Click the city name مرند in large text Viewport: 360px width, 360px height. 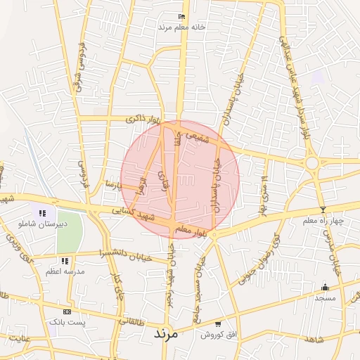pyautogui.click(x=167, y=335)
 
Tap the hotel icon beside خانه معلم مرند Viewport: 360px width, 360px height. pyautogui.click(x=183, y=17)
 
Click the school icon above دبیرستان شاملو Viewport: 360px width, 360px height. pyautogui.click(x=42, y=213)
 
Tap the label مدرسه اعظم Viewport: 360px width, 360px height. pyautogui.click(x=65, y=271)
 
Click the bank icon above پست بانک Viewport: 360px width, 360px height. pyautogui.click(x=67, y=311)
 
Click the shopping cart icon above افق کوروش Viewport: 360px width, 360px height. pyautogui.click(x=218, y=324)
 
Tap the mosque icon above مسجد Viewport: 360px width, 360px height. pyautogui.click(x=325, y=288)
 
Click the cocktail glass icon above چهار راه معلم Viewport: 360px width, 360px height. pyautogui.click(x=323, y=210)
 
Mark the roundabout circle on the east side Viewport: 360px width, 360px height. pyautogui.click(x=311, y=163)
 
